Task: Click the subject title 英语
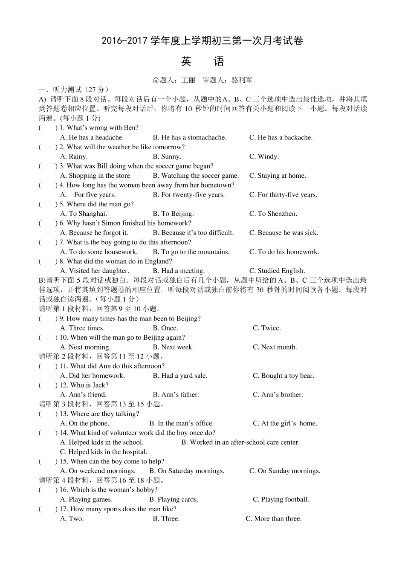[202, 62]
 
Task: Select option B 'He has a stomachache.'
[190, 137]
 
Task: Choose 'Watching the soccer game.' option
[196, 176]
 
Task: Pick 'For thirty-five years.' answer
[283, 195]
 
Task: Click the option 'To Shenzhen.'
[273, 214]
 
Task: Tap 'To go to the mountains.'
[191, 252]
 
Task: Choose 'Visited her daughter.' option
[95, 271]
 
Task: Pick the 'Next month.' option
[275, 347]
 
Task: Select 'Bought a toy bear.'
[283, 376]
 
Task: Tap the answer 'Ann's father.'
[176, 395]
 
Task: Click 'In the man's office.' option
[181, 423]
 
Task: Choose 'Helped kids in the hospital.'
[104, 452]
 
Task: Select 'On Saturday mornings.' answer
[187, 471]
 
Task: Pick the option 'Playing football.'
[281, 499]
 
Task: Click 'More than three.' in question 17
[273, 518]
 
